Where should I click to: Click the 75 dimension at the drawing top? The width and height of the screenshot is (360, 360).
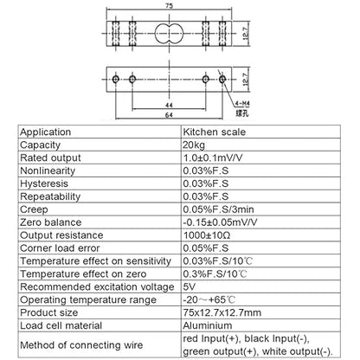[x=170, y=6]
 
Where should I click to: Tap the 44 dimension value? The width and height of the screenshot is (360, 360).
[x=169, y=106]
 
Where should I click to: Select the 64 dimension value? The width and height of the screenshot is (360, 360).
[x=169, y=115]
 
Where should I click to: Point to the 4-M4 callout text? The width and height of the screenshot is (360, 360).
[x=242, y=104]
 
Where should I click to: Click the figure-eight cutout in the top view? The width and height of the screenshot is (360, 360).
[x=170, y=34]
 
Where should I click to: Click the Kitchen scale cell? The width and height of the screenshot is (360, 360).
[x=215, y=132]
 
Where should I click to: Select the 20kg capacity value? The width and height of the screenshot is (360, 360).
[x=194, y=145]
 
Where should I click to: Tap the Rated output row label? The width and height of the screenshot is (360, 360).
[x=50, y=157]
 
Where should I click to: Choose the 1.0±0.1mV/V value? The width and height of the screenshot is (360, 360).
[x=213, y=157]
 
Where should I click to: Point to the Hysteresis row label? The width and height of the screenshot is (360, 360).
[x=44, y=183]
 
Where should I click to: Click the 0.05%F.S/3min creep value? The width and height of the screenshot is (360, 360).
[x=218, y=209]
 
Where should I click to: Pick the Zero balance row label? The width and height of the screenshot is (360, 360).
[x=51, y=222]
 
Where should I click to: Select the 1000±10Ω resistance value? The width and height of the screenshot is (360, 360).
[x=207, y=235]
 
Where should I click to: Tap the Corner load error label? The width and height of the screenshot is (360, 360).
[x=60, y=248]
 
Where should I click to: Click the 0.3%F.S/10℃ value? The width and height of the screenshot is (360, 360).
[x=215, y=274]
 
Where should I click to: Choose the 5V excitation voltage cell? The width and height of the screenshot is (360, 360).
[x=190, y=286]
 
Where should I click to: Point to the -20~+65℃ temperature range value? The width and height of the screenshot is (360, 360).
[x=209, y=299]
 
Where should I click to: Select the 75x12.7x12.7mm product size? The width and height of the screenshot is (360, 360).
[x=222, y=312]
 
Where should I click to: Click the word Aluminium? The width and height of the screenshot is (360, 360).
[x=208, y=325]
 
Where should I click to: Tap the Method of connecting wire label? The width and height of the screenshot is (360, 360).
[x=81, y=345]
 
